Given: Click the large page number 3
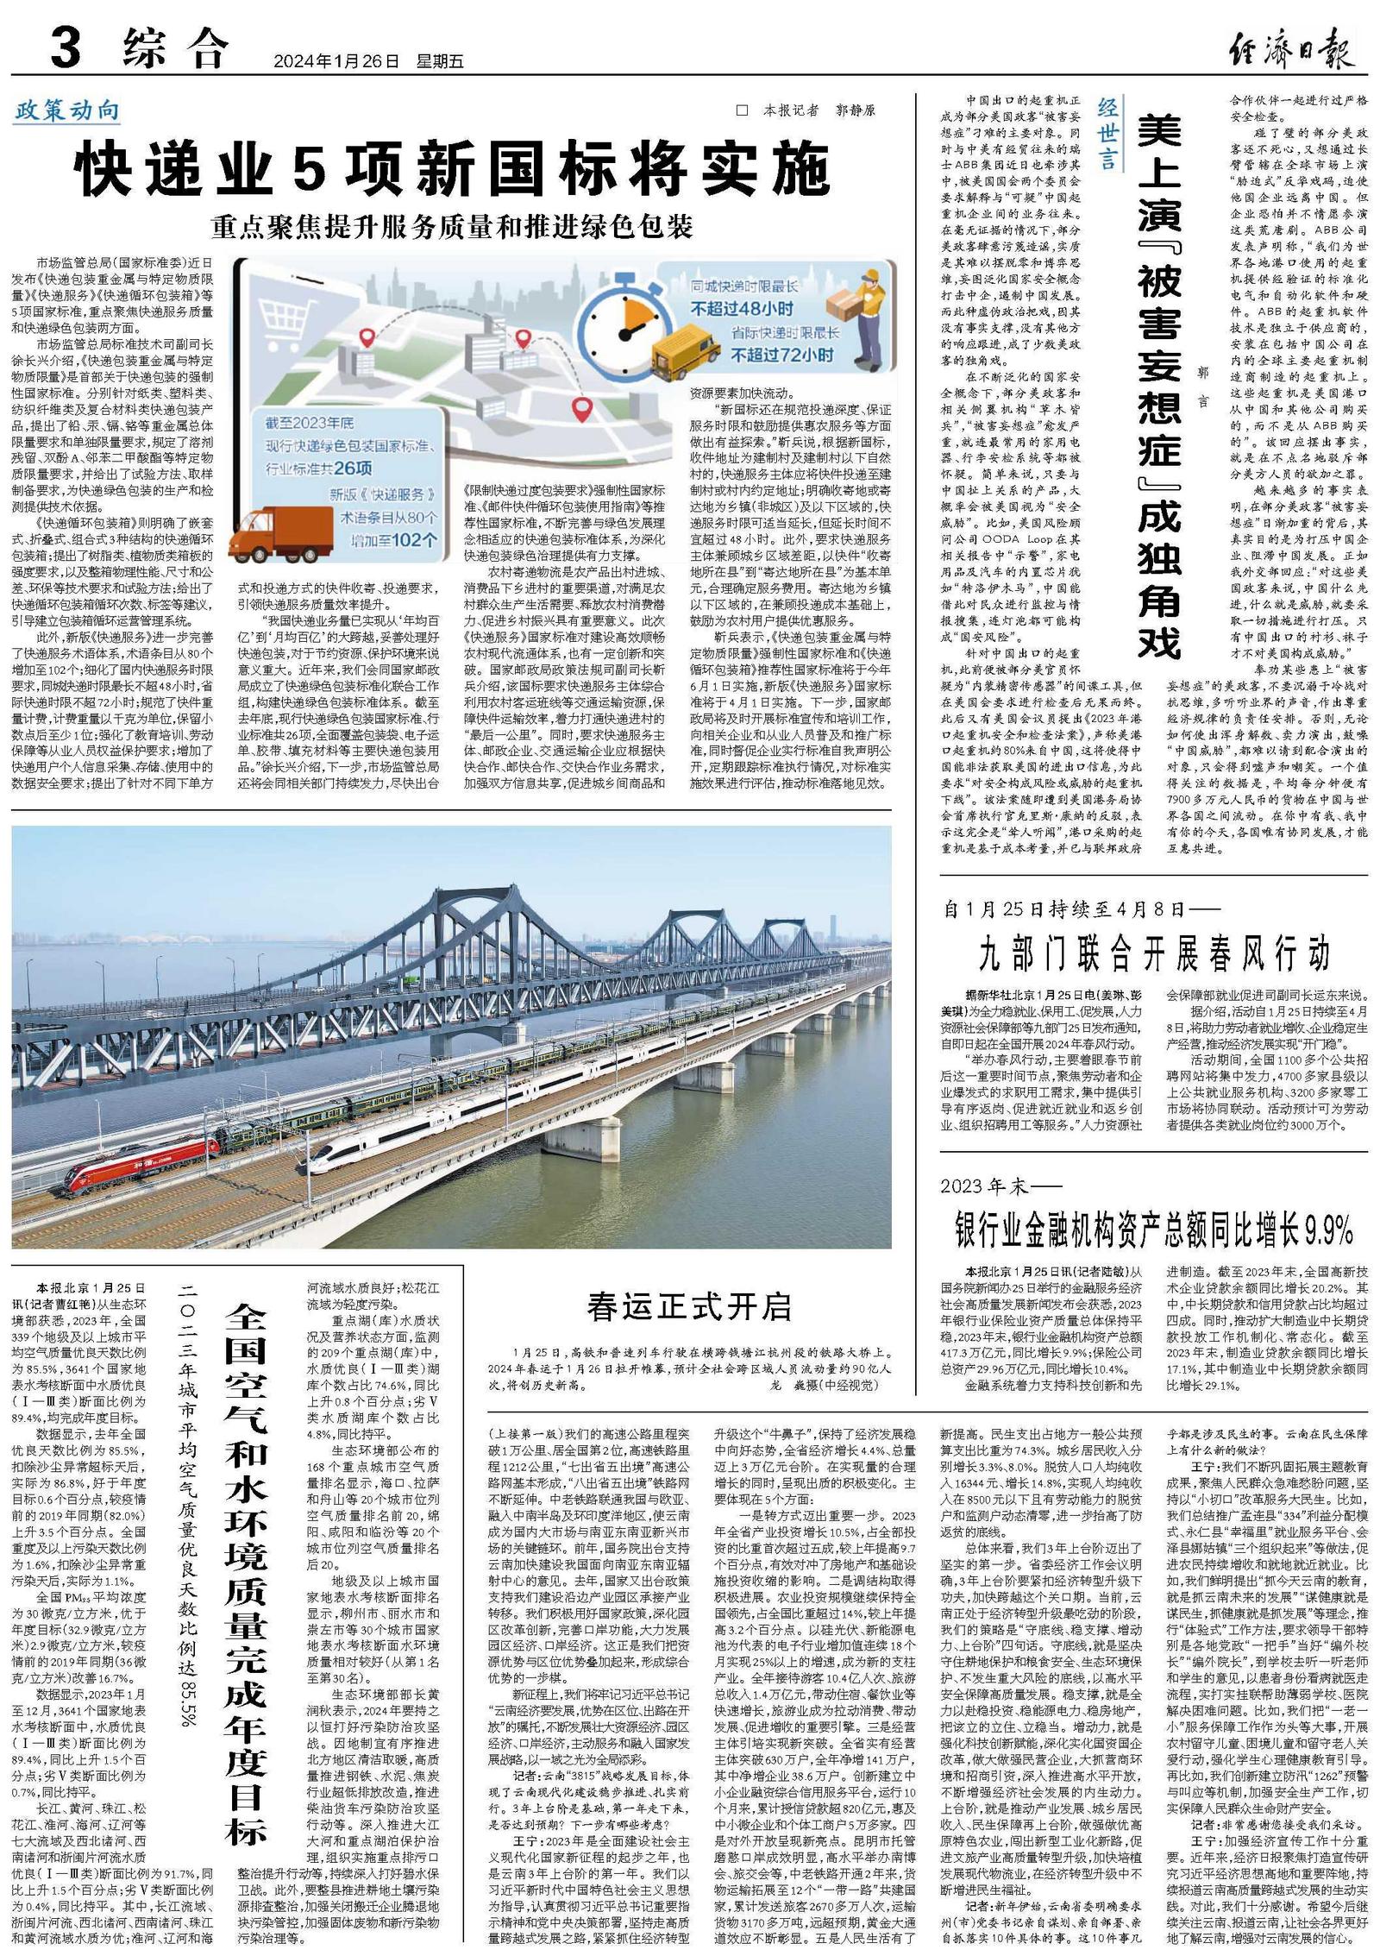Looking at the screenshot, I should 65,47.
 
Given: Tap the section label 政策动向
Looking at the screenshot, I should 66,110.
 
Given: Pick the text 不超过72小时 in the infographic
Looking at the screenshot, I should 781,354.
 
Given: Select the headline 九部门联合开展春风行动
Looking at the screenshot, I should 1154,953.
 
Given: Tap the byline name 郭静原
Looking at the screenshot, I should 855,110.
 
